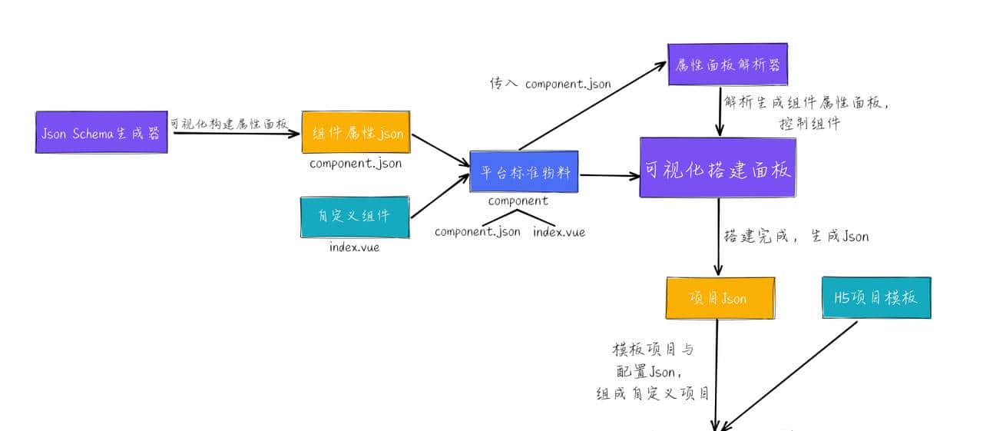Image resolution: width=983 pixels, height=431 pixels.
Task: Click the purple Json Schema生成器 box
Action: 101,132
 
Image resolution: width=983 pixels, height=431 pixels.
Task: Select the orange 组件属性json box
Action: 356,133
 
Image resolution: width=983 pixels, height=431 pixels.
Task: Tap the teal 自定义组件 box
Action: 355,217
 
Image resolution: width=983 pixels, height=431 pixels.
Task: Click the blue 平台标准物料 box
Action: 525,172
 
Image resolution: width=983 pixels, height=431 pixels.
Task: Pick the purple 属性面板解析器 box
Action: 727,64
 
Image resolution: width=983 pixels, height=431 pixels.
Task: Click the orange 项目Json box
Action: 720,298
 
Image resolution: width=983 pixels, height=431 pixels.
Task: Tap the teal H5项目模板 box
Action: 875,297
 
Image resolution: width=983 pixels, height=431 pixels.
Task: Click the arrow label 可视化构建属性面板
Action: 229,124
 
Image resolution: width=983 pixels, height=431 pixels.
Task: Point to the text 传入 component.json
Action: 550,84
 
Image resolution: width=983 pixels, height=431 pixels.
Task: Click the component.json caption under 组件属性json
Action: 356,164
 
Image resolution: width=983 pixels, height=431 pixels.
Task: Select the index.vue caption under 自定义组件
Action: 354,247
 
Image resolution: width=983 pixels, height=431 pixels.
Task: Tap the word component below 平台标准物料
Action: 518,201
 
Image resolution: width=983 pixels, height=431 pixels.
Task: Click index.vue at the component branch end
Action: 559,232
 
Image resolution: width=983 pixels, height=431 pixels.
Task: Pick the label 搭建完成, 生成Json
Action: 796,237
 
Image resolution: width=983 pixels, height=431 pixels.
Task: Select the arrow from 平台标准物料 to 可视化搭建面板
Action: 610,176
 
